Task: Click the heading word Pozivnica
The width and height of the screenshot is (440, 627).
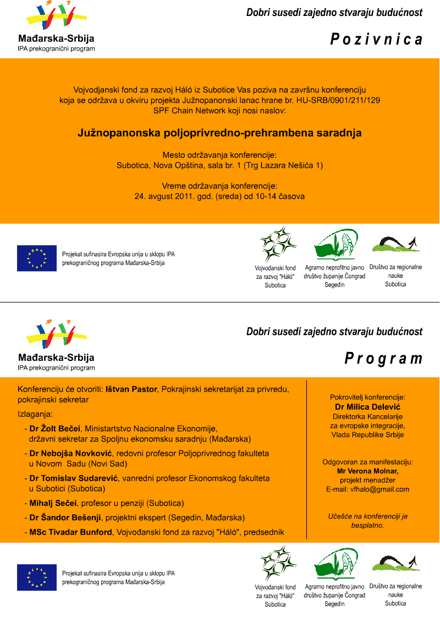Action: (376, 40)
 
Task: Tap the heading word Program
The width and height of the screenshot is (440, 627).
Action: (383, 359)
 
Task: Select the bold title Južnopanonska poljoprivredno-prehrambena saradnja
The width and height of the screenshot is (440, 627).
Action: (219, 133)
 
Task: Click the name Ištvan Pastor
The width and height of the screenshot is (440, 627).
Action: (131, 389)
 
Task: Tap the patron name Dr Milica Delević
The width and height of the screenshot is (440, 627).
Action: (367, 406)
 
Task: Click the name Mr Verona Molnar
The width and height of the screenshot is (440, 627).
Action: (367, 471)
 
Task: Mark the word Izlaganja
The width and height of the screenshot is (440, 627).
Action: (35, 414)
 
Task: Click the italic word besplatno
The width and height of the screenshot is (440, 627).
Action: (367, 525)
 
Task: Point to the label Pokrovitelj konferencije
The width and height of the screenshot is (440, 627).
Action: (367, 397)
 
